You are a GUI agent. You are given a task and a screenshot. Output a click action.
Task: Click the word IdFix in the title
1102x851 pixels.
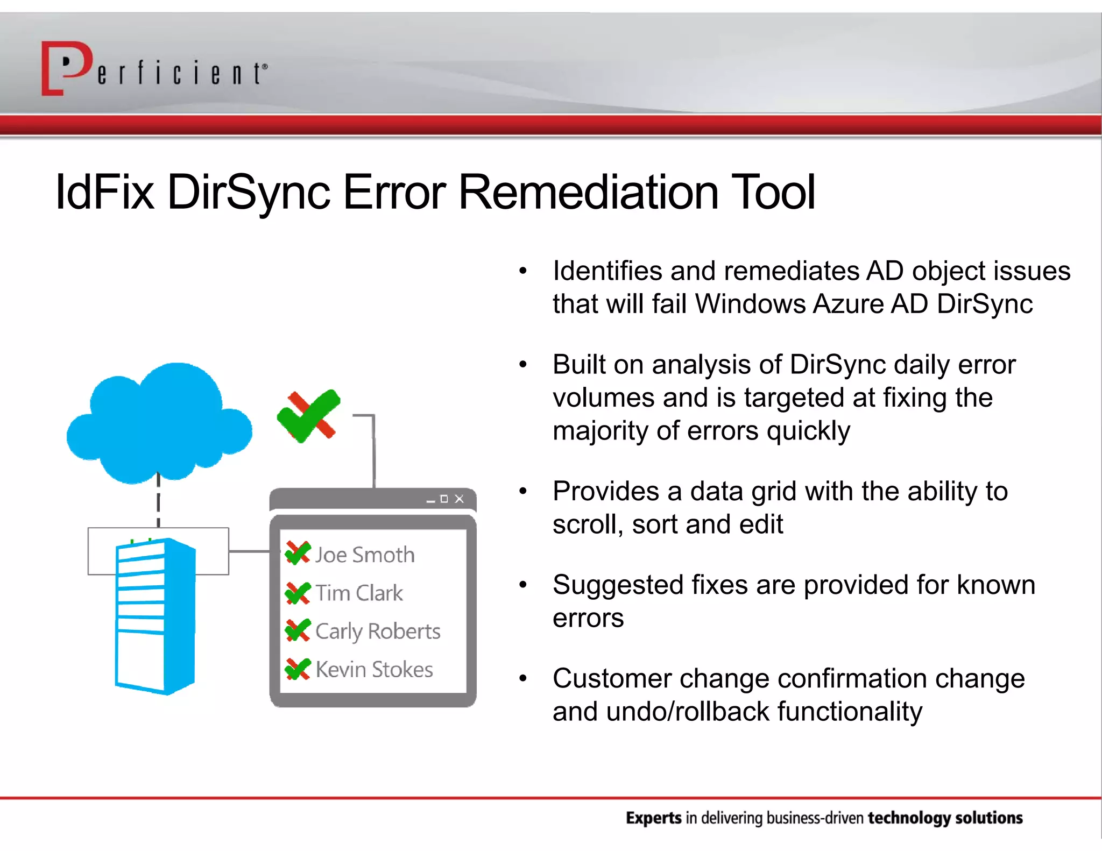click(105, 193)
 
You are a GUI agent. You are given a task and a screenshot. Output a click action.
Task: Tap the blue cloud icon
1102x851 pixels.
click(159, 422)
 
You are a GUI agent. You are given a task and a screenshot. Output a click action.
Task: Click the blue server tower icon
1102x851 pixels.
click(155, 616)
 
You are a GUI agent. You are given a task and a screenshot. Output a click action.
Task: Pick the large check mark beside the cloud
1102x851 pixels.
click(309, 416)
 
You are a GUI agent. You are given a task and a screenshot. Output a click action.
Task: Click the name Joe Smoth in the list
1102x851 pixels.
click(365, 555)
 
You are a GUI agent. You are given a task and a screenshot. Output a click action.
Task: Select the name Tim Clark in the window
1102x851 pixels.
click(359, 593)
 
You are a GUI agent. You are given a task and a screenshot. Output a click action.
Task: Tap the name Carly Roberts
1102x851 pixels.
click(378, 631)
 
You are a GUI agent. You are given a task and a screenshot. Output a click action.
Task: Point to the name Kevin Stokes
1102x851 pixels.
click(374, 670)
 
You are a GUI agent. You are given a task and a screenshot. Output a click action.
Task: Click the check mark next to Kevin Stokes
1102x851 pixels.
click(298, 669)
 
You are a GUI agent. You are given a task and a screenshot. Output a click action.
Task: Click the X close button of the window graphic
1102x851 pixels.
click(459, 499)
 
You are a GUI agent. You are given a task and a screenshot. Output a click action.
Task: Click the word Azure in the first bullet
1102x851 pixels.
click(848, 304)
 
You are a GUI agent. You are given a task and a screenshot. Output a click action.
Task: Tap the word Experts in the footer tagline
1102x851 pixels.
click(653, 818)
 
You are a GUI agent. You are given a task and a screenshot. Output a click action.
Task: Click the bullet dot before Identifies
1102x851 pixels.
click(522, 271)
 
